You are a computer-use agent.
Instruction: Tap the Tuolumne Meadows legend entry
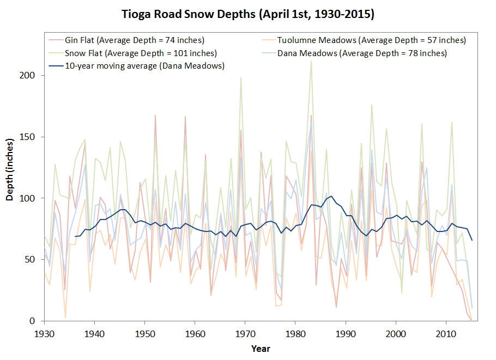[371, 40]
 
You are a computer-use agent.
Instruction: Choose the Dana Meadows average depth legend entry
[362, 53]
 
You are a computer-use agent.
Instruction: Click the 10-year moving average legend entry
[145, 66]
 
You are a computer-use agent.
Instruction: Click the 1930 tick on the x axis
[44, 332]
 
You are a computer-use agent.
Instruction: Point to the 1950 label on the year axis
[144, 332]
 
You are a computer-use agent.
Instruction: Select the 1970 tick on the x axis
[245, 332]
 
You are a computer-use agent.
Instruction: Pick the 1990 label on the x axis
[346, 332]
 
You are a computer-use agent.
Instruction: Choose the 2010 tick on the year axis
[446, 332]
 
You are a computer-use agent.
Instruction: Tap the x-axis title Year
[261, 349]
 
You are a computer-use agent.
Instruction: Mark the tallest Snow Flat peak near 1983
[311, 60]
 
